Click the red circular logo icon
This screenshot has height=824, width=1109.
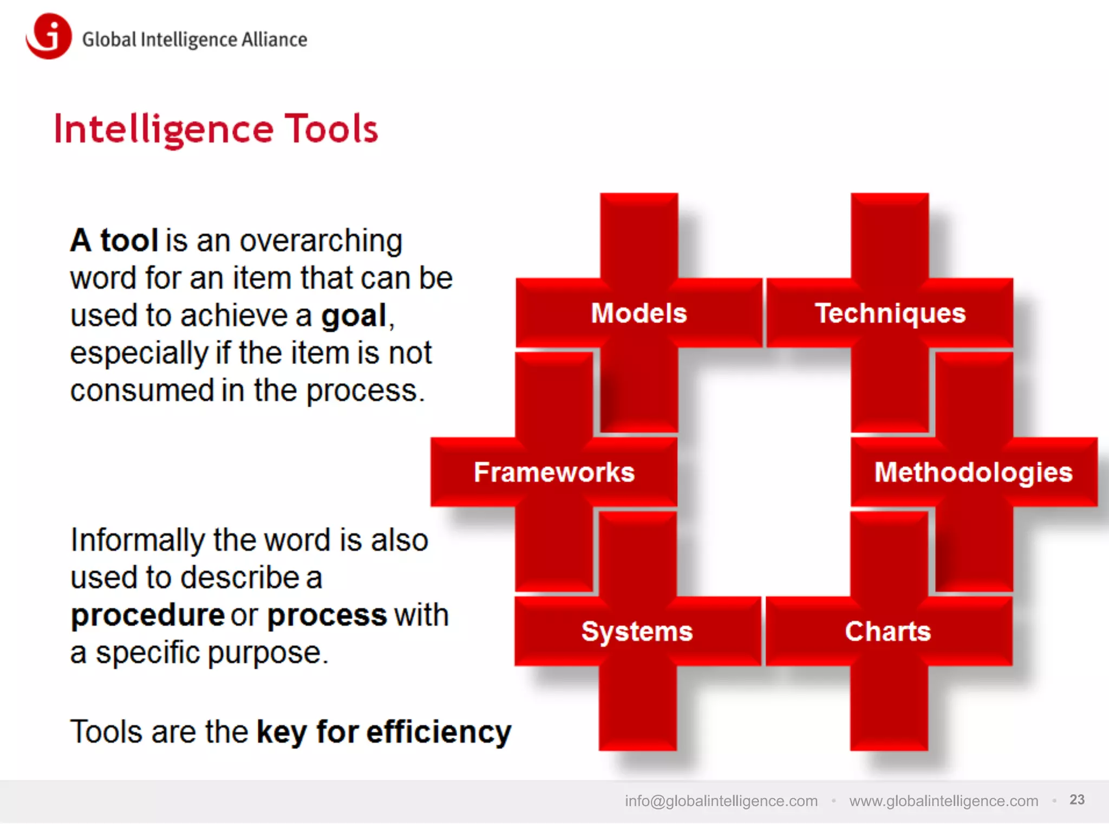[x=49, y=37]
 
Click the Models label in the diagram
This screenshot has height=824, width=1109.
[x=639, y=313]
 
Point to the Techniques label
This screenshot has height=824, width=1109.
[x=890, y=313]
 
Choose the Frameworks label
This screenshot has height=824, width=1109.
[x=554, y=472]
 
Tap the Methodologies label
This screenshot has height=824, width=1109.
[x=974, y=472]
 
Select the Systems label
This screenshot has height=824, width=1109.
[x=637, y=631]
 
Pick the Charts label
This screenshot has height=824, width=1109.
[x=888, y=631]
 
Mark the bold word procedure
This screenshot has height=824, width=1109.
[x=147, y=616]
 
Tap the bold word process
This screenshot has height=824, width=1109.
[x=327, y=616]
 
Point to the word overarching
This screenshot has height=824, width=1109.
[x=321, y=241]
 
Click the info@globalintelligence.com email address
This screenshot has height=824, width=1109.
[x=721, y=801]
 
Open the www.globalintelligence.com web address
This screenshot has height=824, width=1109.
[x=943, y=801]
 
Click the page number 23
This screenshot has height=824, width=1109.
[x=1077, y=800]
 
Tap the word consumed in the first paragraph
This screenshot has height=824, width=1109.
[x=142, y=391]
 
